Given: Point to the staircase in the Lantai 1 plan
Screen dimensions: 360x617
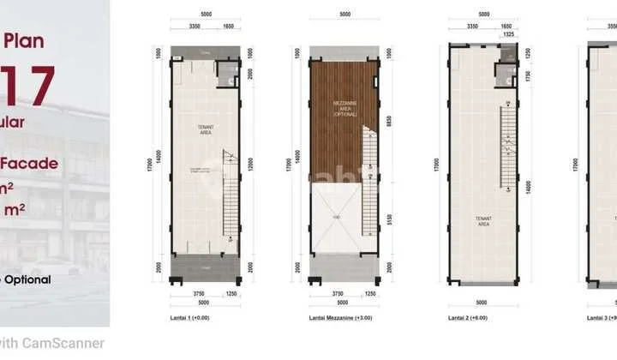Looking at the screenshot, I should tap(231, 193).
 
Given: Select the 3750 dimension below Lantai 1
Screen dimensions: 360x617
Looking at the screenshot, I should tap(194, 293).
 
